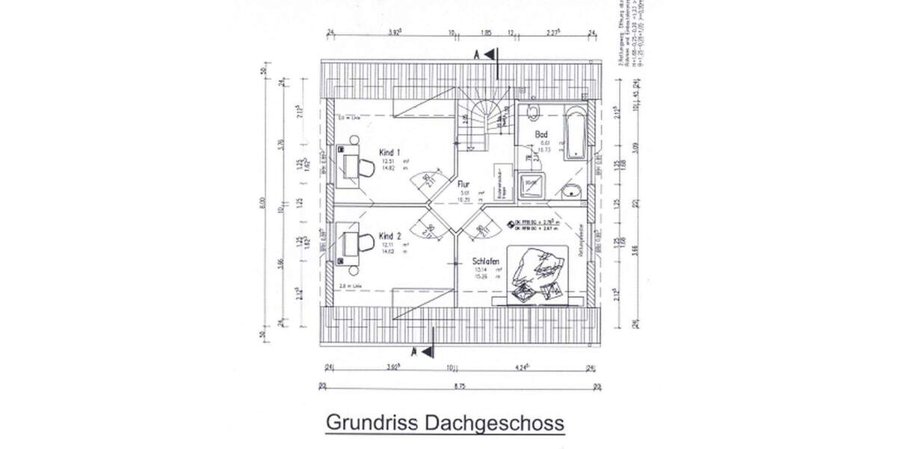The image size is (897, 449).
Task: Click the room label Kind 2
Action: point(389,235)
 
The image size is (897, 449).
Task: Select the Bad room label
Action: point(542,135)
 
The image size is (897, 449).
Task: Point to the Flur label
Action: point(463,182)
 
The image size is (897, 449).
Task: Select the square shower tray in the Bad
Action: point(532,183)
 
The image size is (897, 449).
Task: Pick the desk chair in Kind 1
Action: point(366,165)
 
